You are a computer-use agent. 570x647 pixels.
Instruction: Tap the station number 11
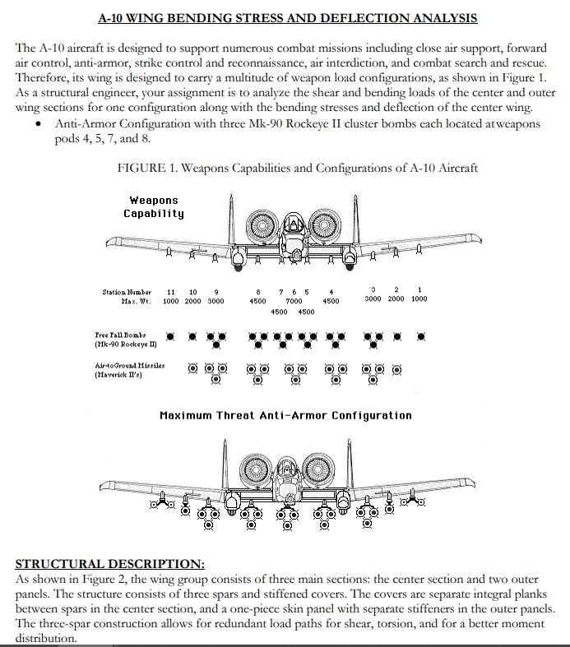170,291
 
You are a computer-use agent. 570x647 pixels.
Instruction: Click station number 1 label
419,289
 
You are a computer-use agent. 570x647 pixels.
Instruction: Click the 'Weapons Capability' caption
154,207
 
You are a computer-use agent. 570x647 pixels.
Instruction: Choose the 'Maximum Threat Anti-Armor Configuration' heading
285,415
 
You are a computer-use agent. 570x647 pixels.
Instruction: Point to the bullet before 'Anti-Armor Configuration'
39,124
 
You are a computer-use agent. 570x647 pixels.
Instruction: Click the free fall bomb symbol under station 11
170,337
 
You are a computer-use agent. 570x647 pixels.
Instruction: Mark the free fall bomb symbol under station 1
420,336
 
